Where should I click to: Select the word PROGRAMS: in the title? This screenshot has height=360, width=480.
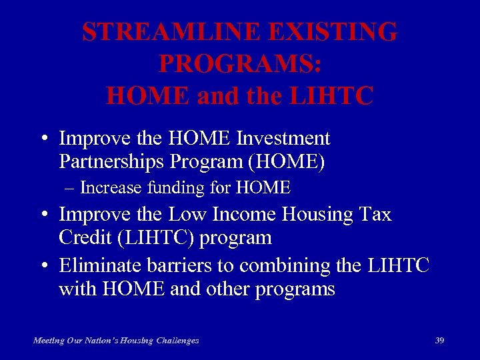point(240,64)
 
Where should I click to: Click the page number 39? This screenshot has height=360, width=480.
point(439,340)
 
